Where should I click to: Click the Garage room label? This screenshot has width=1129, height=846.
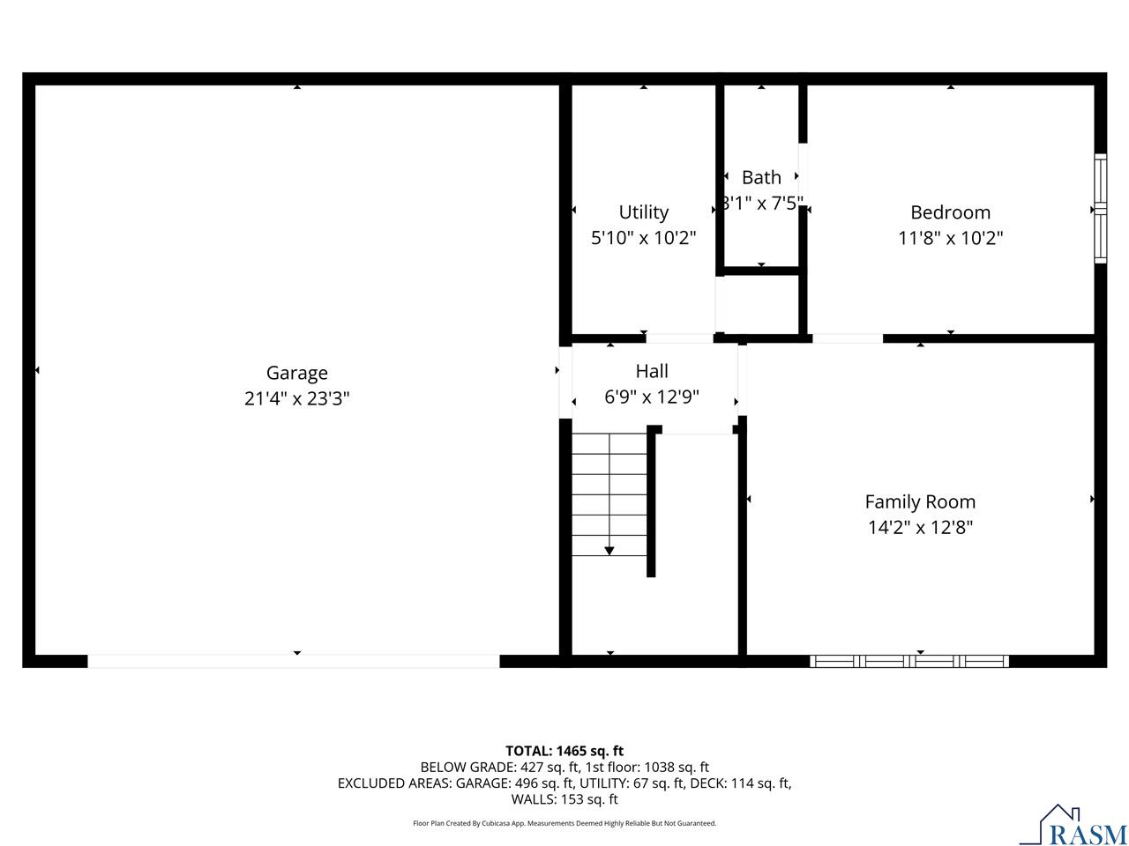tap(297, 373)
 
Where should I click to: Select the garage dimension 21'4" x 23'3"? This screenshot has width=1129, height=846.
tap(297, 398)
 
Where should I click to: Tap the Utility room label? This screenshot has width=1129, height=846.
tap(643, 212)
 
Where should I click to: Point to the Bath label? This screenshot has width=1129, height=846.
tap(761, 177)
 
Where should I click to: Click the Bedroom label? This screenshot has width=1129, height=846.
tap(950, 212)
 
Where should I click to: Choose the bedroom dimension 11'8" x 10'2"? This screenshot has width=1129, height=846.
tap(950, 238)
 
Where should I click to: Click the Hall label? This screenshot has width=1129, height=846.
tap(652, 371)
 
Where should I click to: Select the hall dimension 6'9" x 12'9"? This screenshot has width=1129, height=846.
tap(652, 397)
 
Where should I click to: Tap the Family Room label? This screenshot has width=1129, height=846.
tap(920, 501)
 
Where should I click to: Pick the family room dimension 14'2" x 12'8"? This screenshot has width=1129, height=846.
tap(920, 527)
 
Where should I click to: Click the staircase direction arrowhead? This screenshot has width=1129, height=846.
tap(609, 551)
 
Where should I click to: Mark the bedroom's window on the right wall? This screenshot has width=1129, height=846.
tap(1100, 209)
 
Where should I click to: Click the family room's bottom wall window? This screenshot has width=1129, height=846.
tap(909, 661)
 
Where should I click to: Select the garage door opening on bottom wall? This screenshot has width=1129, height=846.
tap(294, 661)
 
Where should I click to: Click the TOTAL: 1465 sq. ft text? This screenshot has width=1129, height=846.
tap(564, 751)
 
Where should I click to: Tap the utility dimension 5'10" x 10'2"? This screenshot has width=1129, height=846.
tap(643, 238)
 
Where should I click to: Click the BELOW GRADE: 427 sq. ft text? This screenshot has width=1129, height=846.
tap(499, 767)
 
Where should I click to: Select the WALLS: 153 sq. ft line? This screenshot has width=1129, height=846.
tap(564, 799)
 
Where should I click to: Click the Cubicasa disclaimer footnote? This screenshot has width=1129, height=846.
tap(564, 823)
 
